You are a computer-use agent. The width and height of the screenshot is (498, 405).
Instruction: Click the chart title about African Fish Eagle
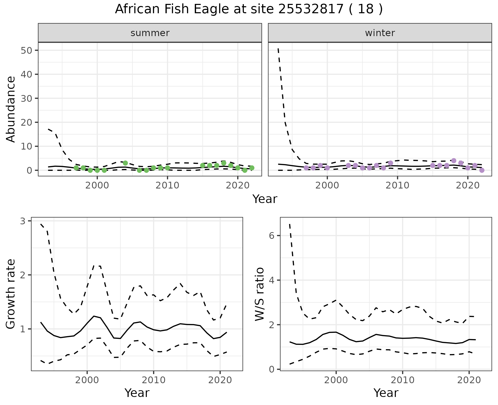[x=249, y=9]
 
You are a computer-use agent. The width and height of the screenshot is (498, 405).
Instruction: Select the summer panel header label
[x=150, y=33]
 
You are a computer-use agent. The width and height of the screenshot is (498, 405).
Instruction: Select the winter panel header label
[x=380, y=33]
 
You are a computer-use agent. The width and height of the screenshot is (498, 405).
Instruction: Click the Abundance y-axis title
[x=11, y=109]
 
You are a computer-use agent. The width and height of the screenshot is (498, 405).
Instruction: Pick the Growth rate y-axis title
[x=11, y=294]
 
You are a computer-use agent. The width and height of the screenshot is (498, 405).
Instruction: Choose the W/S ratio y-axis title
[x=259, y=294]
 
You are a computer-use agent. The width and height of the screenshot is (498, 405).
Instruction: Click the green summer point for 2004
[x=125, y=163]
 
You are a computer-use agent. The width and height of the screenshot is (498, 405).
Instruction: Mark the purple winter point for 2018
[x=454, y=161]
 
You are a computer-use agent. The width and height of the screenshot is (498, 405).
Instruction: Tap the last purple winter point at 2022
[x=482, y=170]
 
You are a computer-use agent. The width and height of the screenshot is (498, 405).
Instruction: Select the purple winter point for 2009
[x=391, y=163]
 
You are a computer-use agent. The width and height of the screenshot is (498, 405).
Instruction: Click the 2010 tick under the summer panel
[x=167, y=185]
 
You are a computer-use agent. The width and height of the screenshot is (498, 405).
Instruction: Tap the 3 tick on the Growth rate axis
[x=23, y=221]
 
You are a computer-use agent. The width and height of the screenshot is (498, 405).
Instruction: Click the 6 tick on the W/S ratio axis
[x=272, y=235]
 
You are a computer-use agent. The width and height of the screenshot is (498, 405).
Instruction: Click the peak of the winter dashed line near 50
[x=278, y=49]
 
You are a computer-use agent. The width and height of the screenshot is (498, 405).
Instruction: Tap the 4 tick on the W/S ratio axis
[x=272, y=280]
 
